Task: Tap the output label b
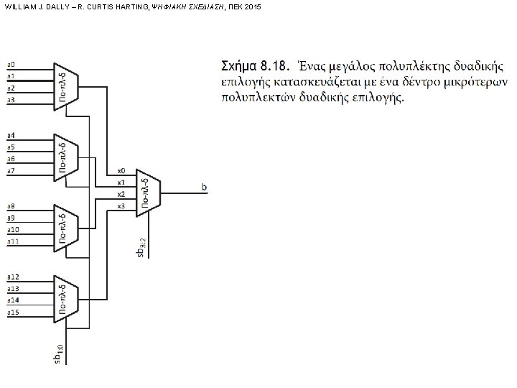[x=205, y=188]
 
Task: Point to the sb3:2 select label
[x=142, y=246]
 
